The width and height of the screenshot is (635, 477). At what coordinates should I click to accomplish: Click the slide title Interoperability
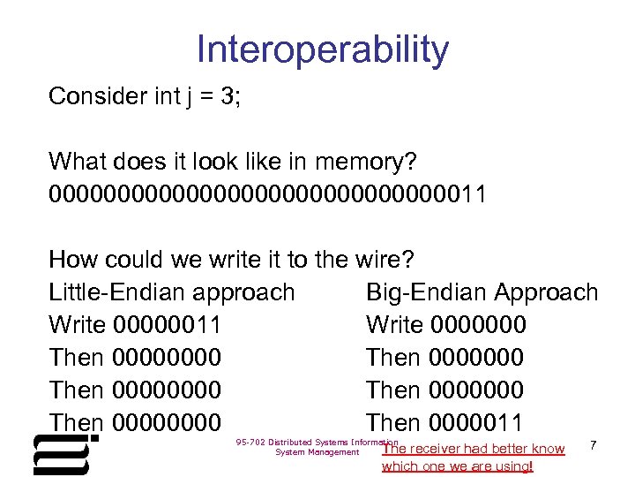323,50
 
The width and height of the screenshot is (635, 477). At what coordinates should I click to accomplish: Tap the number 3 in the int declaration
229,96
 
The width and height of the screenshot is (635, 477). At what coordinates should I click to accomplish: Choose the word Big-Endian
427,292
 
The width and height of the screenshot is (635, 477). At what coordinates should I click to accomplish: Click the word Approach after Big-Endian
547,292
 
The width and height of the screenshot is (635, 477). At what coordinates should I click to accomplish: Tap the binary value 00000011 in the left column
168,325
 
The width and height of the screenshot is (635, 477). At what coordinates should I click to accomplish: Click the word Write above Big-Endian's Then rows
395,325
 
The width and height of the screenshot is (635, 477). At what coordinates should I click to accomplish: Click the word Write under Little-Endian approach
78,325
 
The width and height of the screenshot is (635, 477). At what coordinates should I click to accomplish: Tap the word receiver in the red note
441,449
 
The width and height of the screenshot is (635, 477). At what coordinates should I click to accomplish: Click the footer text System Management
317,452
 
